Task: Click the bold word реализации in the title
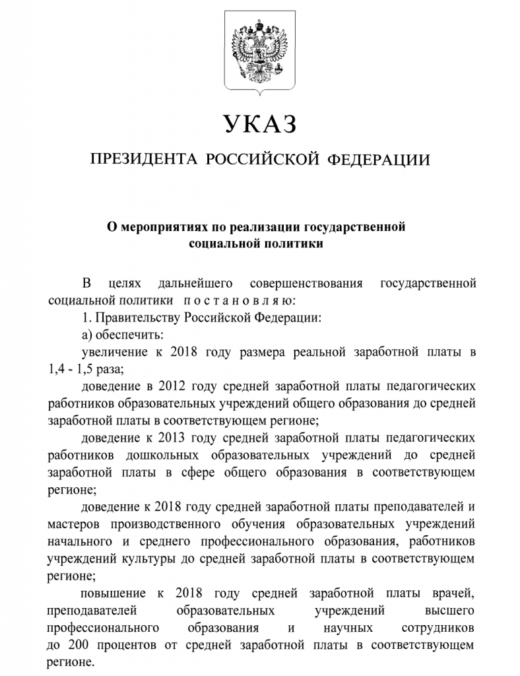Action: tap(265, 228)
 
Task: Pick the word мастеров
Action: tap(72, 524)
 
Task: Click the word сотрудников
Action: tap(438, 627)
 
